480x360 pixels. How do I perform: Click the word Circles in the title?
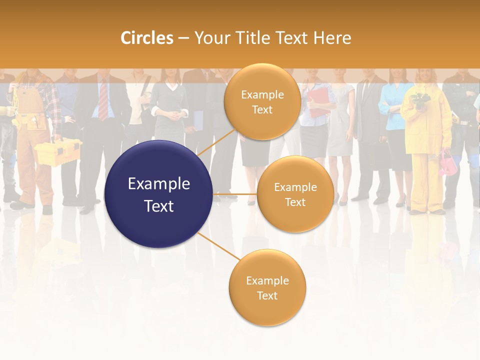(146, 38)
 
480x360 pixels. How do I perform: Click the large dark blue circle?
(158, 194)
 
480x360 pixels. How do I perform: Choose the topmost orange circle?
(262, 101)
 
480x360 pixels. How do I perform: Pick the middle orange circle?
(295, 194)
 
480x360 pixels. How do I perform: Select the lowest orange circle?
(267, 287)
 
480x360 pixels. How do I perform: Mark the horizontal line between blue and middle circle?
(235, 194)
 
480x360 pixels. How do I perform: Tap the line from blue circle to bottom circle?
(218, 246)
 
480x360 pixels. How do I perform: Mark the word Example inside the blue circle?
(158, 184)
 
